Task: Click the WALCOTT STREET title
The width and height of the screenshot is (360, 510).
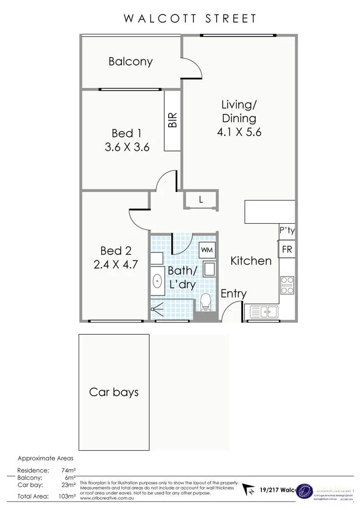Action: click(x=190, y=18)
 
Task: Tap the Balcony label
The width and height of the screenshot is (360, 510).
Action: click(x=130, y=61)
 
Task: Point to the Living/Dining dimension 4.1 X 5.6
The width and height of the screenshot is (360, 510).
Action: click(x=239, y=132)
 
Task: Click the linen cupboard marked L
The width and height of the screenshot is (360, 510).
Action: click(x=200, y=199)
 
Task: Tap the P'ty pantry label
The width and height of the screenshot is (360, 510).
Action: click(x=287, y=231)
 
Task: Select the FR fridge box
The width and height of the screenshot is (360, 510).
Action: click(x=287, y=250)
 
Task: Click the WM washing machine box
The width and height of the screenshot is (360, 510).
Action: click(x=206, y=250)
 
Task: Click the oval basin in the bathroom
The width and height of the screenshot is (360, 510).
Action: click(x=157, y=281)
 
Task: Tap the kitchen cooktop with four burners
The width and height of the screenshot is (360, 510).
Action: click(x=287, y=284)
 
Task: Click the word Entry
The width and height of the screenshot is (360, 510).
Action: click(x=233, y=294)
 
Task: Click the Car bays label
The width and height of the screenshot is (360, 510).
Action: click(x=114, y=391)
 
